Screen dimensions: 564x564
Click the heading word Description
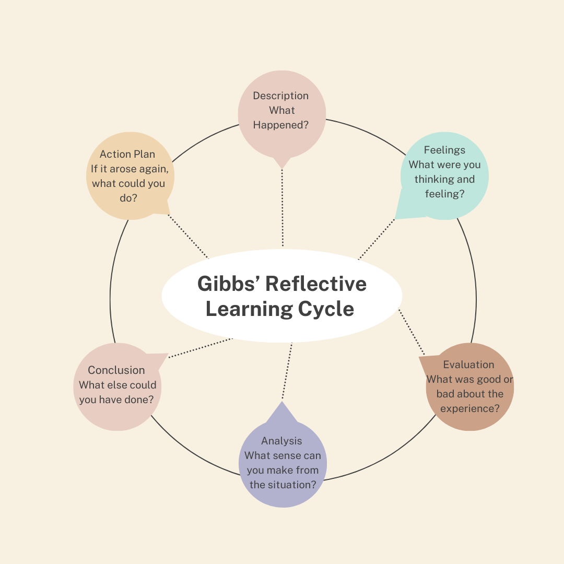click(280, 96)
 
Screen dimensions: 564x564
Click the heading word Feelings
click(444, 150)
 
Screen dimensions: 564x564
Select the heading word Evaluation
click(468, 365)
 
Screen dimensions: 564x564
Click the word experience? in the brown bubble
click(470, 408)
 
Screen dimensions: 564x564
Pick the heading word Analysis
click(281, 441)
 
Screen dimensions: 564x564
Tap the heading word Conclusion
click(116, 370)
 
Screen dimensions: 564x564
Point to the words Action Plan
click(127, 154)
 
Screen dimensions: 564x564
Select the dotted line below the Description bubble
click(283, 209)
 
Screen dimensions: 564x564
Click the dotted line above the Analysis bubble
click(287, 371)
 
